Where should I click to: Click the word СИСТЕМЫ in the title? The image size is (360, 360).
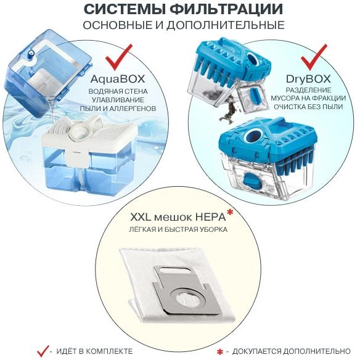[120, 10]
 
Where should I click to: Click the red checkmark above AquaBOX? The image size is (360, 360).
[120, 56]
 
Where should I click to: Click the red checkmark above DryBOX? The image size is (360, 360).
[314, 56]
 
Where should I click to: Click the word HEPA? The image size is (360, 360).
[211, 218]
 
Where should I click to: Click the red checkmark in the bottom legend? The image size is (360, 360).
[43, 350]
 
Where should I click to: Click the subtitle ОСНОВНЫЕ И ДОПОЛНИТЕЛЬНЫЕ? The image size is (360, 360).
[179, 25]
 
